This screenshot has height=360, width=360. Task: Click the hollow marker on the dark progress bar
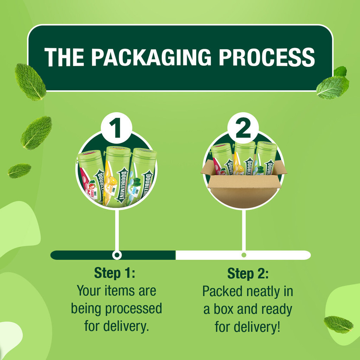(x=117, y=255)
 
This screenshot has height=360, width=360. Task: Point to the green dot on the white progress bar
(x=244, y=255)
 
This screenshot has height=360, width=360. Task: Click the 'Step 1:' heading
(x=115, y=273)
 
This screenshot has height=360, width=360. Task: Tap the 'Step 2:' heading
(x=248, y=273)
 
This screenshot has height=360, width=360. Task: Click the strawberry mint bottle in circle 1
(x=90, y=178)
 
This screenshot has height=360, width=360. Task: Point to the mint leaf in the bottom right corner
(x=338, y=324)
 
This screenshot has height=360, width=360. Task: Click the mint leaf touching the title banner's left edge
(x=30, y=82)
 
